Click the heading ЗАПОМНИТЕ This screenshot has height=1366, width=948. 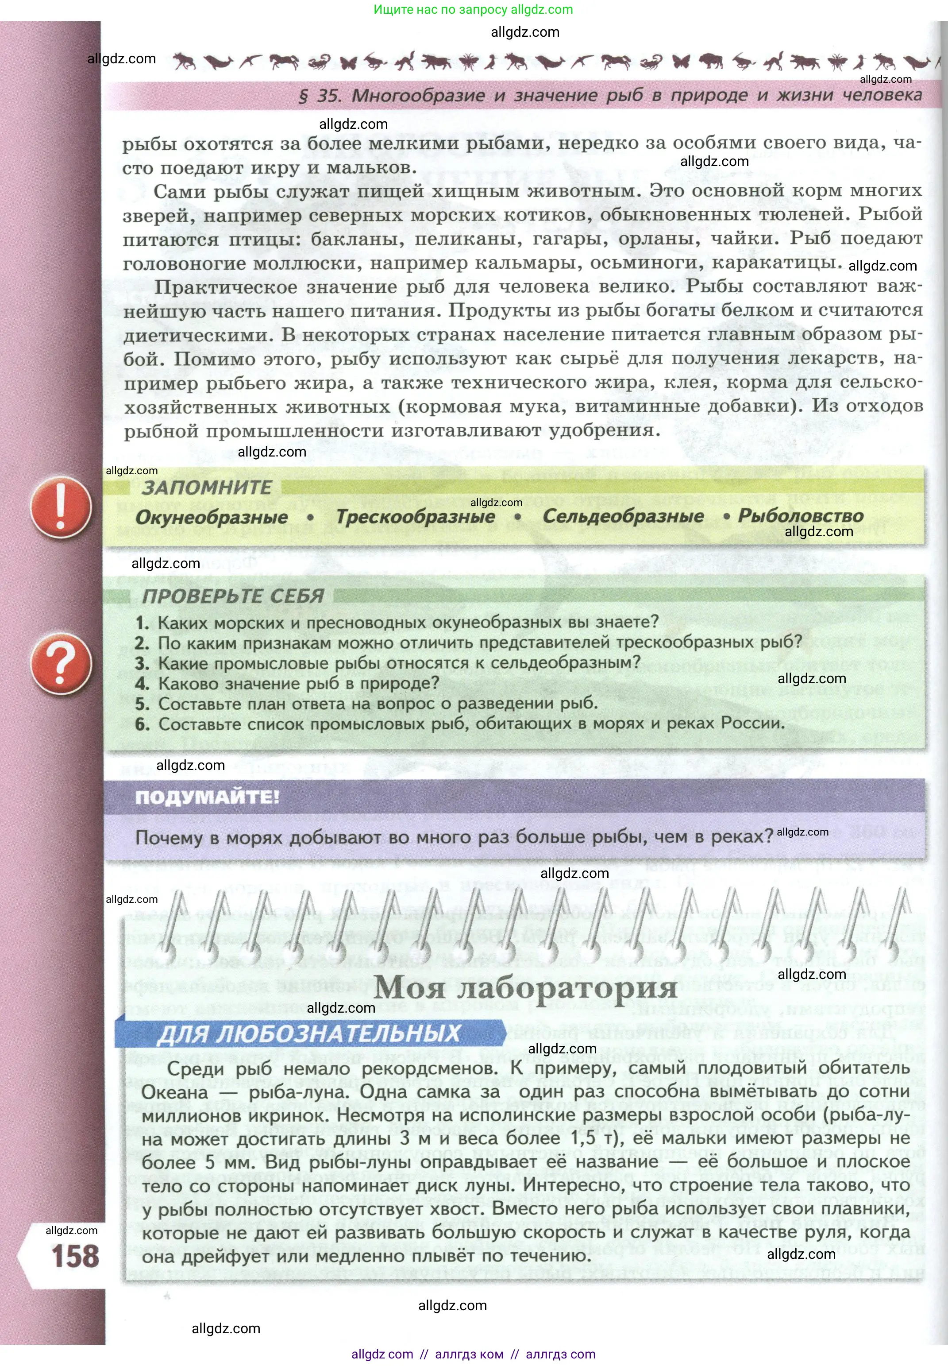(206, 488)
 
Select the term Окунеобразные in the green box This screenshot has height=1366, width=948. (212, 517)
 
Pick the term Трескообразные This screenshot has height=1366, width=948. (416, 516)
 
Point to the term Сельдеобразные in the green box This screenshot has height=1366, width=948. (623, 516)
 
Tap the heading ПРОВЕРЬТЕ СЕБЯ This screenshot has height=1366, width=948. (233, 596)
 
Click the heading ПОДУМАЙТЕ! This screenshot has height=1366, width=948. (207, 797)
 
